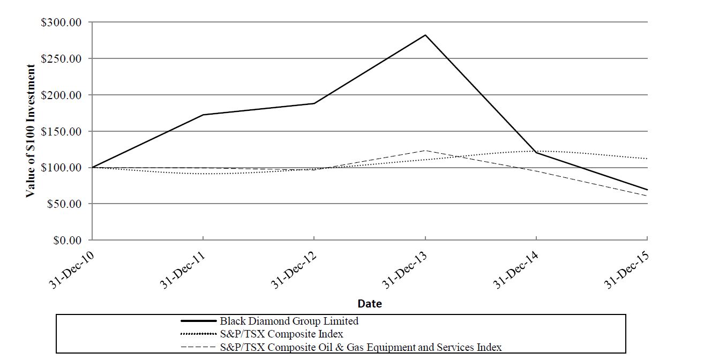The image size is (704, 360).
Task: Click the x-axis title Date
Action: click(x=370, y=304)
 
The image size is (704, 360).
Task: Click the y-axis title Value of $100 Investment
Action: click(x=31, y=131)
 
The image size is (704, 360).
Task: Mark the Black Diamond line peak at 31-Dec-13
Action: click(x=425, y=35)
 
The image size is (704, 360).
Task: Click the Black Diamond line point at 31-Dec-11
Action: click(x=203, y=115)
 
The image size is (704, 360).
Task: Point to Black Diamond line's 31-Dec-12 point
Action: click(x=314, y=103)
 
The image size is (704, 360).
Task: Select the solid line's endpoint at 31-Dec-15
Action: click(x=647, y=190)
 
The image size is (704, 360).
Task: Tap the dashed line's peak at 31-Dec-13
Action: click(x=425, y=151)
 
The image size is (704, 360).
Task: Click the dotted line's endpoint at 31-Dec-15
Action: click(x=647, y=159)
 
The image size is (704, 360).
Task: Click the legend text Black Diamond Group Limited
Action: click(x=289, y=321)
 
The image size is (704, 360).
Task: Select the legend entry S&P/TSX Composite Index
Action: click(x=281, y=334)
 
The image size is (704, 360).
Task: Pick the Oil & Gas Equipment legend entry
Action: click(x=361, y=347)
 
